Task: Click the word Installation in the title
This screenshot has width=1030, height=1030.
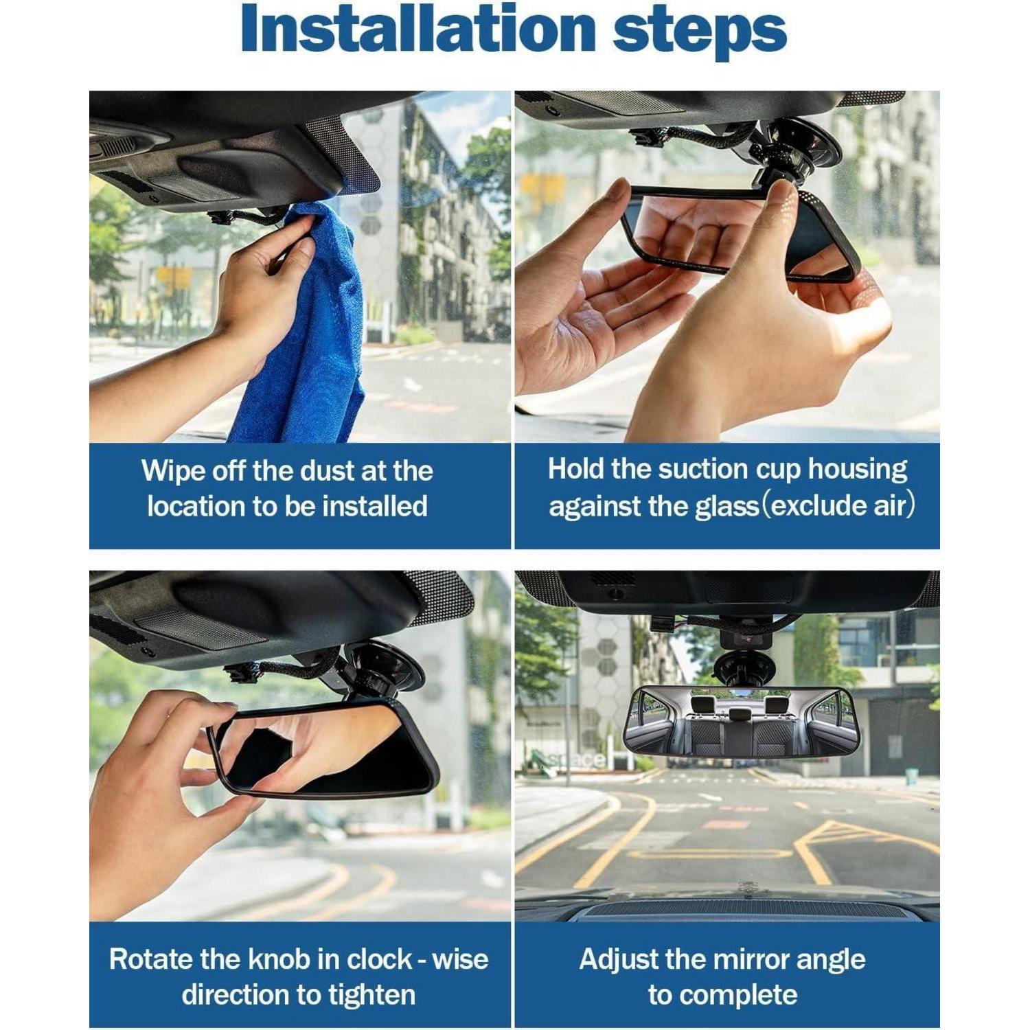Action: pos(418,30)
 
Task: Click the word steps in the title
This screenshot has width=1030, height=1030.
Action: pos(700,33)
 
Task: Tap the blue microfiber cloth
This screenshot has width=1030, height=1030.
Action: pos(303,323)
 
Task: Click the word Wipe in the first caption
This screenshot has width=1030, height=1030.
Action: pos(172,472)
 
